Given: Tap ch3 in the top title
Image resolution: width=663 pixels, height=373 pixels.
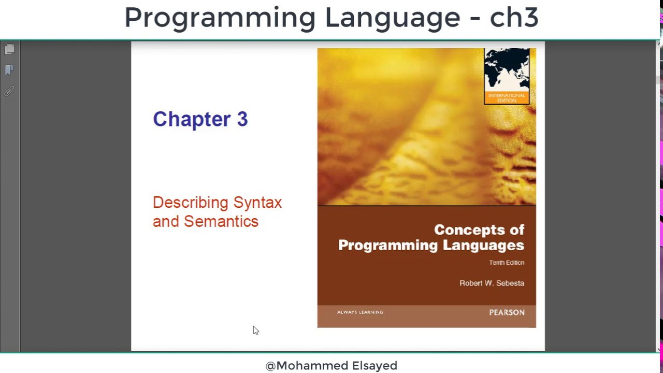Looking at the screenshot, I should [514, 18].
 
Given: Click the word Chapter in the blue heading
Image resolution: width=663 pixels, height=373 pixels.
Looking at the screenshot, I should [192, 119].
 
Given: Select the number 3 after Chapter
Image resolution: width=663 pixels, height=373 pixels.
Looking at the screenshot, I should [242, 119].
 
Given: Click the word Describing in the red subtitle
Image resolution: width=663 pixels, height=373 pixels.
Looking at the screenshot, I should [190, 203].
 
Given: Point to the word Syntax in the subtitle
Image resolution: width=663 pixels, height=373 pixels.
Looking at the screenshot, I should [257, 203].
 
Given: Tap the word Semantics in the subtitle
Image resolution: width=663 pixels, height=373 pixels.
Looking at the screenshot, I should [221, 221].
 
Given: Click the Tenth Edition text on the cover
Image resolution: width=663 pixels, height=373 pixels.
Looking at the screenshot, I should [506, 263].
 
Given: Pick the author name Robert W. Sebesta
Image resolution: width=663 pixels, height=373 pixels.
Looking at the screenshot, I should [492, 283].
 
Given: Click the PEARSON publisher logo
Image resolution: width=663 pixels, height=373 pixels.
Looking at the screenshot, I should [507, 312].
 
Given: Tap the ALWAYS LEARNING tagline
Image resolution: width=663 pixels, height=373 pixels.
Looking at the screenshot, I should [360, 312].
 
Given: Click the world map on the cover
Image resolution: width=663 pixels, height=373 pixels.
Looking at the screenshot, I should [507, 70].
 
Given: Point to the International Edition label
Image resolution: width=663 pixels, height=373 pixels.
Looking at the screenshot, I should [507, 98].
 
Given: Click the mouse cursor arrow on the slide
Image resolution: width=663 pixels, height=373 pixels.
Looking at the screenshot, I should [255, 331].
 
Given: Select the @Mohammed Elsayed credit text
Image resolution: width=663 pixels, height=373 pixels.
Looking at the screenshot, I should [331, 366].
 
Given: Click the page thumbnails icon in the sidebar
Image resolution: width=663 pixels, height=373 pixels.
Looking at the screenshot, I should [9, 50].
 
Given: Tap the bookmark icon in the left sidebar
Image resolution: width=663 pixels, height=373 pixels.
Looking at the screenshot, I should [9, 70].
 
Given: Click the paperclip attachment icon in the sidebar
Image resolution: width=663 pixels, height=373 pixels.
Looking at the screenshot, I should [9, 91].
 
